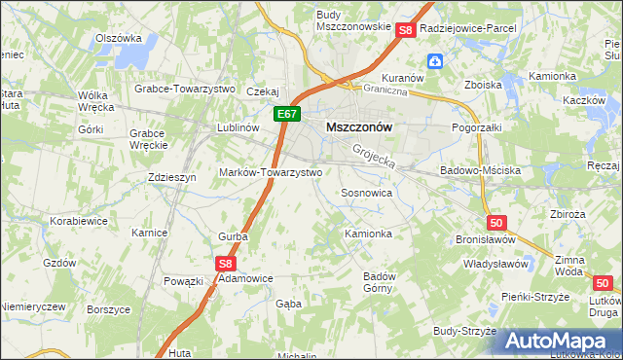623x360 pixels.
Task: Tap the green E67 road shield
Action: pyautogui.click(x=285, y=115)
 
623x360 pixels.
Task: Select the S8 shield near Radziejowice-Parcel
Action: pyautogui.click(x=407, y=31)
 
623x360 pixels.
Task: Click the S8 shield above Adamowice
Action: pyautogui.click(x=226, y=263)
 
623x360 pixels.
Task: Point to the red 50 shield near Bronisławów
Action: pyautogui.click(x=497, y=222)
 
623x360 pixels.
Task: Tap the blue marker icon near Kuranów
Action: pyautogui.click(x=435, y=62)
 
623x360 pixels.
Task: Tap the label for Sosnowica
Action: pyautogui.click(x=366, y=193)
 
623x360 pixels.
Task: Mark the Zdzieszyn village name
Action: pyautogui.click(x=173, y=177)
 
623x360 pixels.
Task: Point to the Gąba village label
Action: pyautogui.click(x=289, y=304)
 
